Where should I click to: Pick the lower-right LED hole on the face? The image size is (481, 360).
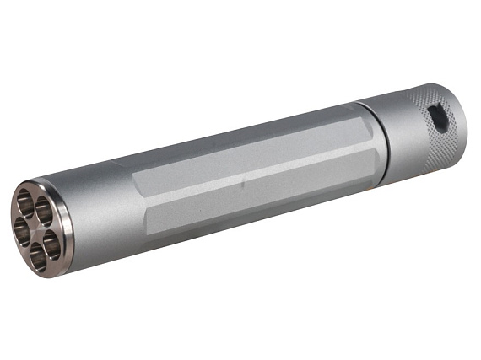50,244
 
